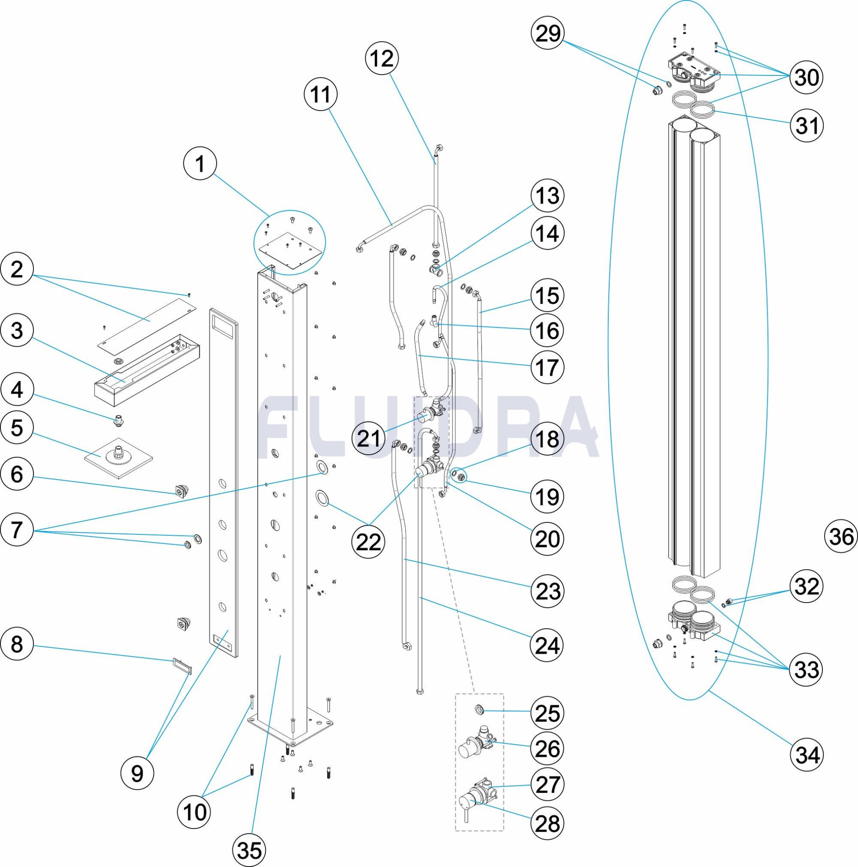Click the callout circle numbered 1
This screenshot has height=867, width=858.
click(x=200, y=164)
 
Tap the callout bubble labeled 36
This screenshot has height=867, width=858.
click(x=841, y=536)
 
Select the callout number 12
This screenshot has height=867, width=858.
click(x=382, y=59)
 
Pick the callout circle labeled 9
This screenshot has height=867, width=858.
click(x=137, y=772)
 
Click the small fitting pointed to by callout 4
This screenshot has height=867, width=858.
click(x=119, y=421)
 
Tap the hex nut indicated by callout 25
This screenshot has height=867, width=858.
click(x=479, y=710)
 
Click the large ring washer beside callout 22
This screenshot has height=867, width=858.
click(x=322, y=497)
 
